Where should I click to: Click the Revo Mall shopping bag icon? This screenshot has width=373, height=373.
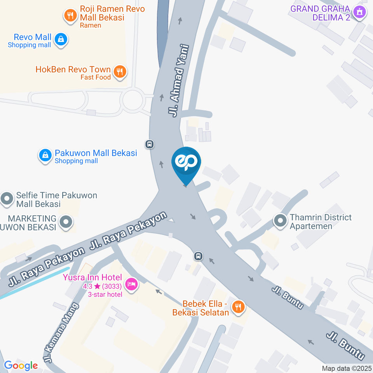pos(61,39)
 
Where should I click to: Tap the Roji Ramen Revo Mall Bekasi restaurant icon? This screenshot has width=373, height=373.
pos(70,16)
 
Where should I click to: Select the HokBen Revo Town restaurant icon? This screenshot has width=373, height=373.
pos(120,71)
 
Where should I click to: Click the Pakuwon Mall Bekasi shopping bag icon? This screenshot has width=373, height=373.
pos(45,155)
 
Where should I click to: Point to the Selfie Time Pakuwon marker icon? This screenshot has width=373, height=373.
pos(7,199)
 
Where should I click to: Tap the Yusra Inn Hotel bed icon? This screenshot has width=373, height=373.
pos(132,284)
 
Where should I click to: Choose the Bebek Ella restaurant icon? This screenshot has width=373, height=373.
pos(237,307)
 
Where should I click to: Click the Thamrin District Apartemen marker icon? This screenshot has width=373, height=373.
pos(280,221)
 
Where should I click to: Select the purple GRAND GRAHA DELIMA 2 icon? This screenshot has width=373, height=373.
pos(359,13)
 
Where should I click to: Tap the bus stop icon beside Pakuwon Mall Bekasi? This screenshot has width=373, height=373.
pos(150,144)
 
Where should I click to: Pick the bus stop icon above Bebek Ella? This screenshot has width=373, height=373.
pos(198,256)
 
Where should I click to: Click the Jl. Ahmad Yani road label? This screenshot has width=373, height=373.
pos(179,81)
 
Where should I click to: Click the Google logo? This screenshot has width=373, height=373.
pos(21,365)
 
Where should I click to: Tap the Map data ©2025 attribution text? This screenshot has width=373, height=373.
pos(347,368)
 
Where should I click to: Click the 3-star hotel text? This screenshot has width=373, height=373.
pos(105,294)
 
